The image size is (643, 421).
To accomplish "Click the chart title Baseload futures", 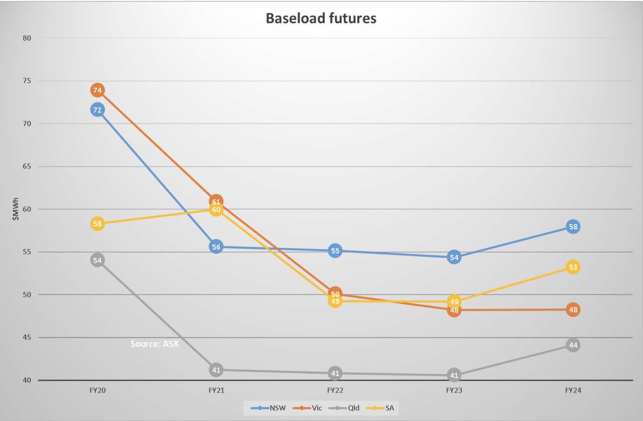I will pyautogui.click(x=321, y=18).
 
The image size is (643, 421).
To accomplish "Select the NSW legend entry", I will pyautogui.click(x=269, y=408).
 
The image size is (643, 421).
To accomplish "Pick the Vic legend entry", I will pyautogui.click(x=308, y=408).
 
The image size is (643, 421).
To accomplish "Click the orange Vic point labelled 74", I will pyautogui.click(x=97, y=90).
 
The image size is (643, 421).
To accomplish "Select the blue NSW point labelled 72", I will pyautogui.click(x=97, y=110).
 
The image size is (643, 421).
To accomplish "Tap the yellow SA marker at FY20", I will pyautogui.click(x=97, y=224).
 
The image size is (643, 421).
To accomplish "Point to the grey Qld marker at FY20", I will pyautogui.click(x=97, y=260).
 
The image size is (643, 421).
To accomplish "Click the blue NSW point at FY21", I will pyautogui.click(x=216, y=247).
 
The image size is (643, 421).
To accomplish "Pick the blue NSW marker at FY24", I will pyautogui.click(x=573, y=227).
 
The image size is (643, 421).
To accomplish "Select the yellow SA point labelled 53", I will pyautogui.click(x=573, y=267).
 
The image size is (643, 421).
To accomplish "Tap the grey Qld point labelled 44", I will pyautogui.click(x=573, y=345).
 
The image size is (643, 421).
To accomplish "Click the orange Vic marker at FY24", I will pyautogui.click(x=573, y=309).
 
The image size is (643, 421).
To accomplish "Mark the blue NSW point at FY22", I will pyautogui.click(x=335, y=251).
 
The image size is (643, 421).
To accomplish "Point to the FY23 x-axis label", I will pyautogui.click(x=454, y=390).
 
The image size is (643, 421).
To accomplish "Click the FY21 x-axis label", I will pyautogui.click(x=216, y=390).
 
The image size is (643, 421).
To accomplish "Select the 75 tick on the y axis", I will pyautogui.click(x=27, y=81).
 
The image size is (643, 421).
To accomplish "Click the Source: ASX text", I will pyautogui.click(x=154, y=344).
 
